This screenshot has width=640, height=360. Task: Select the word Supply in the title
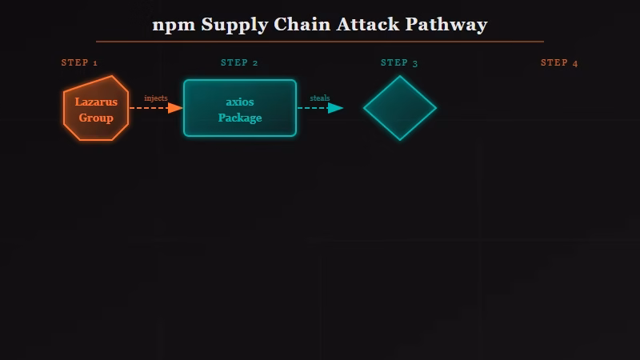point(234,25)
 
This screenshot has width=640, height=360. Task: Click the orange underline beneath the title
point(320,41)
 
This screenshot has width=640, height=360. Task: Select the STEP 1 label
point(79,63)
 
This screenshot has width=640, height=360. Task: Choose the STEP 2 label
point(239,63)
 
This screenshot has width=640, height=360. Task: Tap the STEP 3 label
point(399,63)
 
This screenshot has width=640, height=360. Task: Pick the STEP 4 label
point(559,63)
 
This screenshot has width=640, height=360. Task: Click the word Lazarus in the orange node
point(96,102)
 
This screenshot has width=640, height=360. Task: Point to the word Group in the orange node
point(96,118)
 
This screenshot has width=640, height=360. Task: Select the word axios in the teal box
point(240,102)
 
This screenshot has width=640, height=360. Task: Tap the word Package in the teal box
point(240,118)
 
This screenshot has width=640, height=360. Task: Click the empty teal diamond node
point(400,108)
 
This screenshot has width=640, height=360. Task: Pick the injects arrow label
point(156,98)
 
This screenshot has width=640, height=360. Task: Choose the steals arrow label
point(320,98)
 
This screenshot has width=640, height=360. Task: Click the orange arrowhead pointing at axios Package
point(175,108)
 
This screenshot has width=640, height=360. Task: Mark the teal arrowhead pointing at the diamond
point(336,108)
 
